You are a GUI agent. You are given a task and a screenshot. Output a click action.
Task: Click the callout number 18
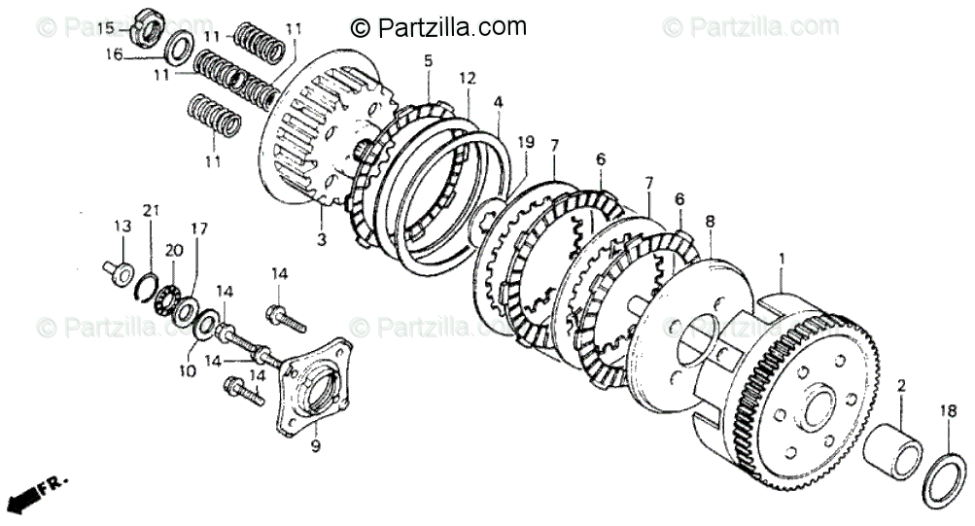(947, 411)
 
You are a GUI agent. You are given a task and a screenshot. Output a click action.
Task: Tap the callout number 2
(900, 386)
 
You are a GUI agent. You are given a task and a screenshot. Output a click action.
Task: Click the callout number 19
(525, 142)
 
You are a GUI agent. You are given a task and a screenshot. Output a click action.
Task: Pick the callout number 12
(468, 77)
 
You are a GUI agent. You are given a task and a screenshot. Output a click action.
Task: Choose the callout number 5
(428, 61)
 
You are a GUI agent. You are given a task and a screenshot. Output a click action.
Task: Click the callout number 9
(314, 446)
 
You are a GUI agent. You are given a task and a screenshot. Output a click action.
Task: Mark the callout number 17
(198, 230)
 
